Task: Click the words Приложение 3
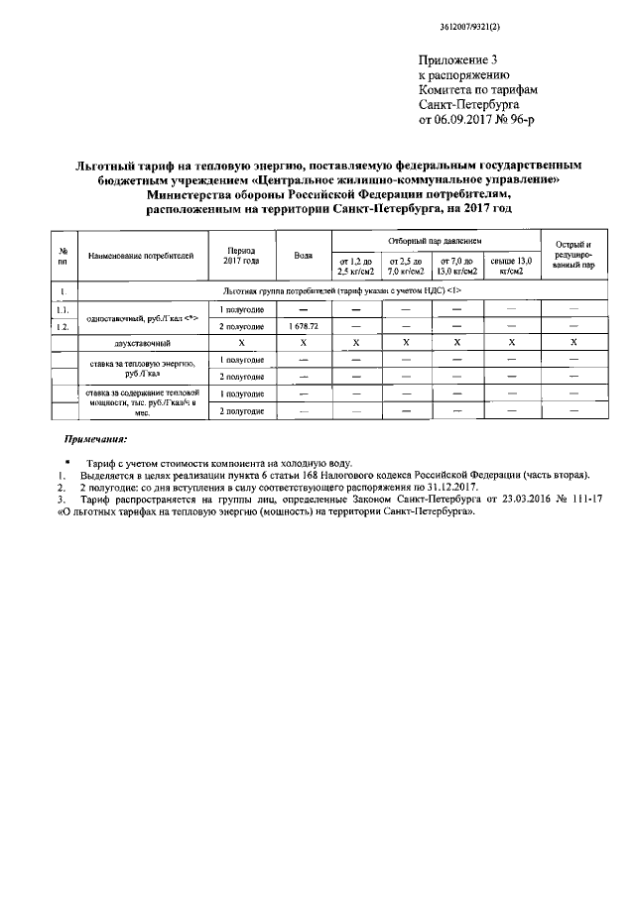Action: [x=455, y=61]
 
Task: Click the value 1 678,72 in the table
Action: [x=304, y=326]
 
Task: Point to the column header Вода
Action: [x=304, y=256]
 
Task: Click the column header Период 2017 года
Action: [x=242, y=256]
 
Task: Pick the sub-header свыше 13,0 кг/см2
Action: [x=511, y=266]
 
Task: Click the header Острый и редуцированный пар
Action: [x=573, y=256]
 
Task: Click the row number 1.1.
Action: [x=63, y=310]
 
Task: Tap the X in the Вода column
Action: [x=304, y=342]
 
